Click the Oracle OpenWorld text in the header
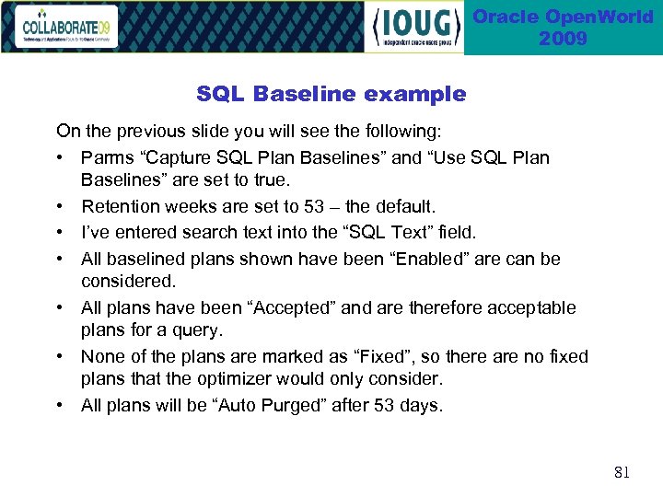tap(563, 17)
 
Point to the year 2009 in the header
tap(563, 39)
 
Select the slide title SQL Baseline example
tap(331, 94)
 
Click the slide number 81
tap(622, 473)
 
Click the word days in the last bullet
tap(421, 405)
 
